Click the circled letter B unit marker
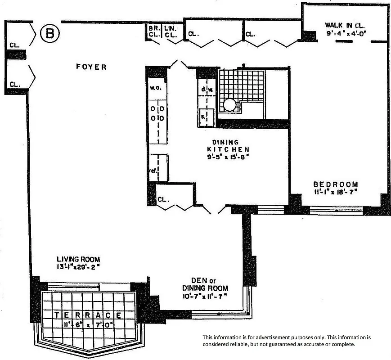coord(49,33)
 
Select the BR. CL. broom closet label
coord(154,31)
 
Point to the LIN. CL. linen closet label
coord(170,31)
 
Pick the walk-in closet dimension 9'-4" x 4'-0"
coord(347,33)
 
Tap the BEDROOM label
coord(336,184)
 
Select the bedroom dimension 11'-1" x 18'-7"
coord(336,192)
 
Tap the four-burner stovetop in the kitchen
coord(157,113)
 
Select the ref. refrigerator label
coord(153,171)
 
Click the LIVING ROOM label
coord(78,259)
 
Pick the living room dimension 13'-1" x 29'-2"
coord(78,267)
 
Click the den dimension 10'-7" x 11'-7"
coord(205,296)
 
